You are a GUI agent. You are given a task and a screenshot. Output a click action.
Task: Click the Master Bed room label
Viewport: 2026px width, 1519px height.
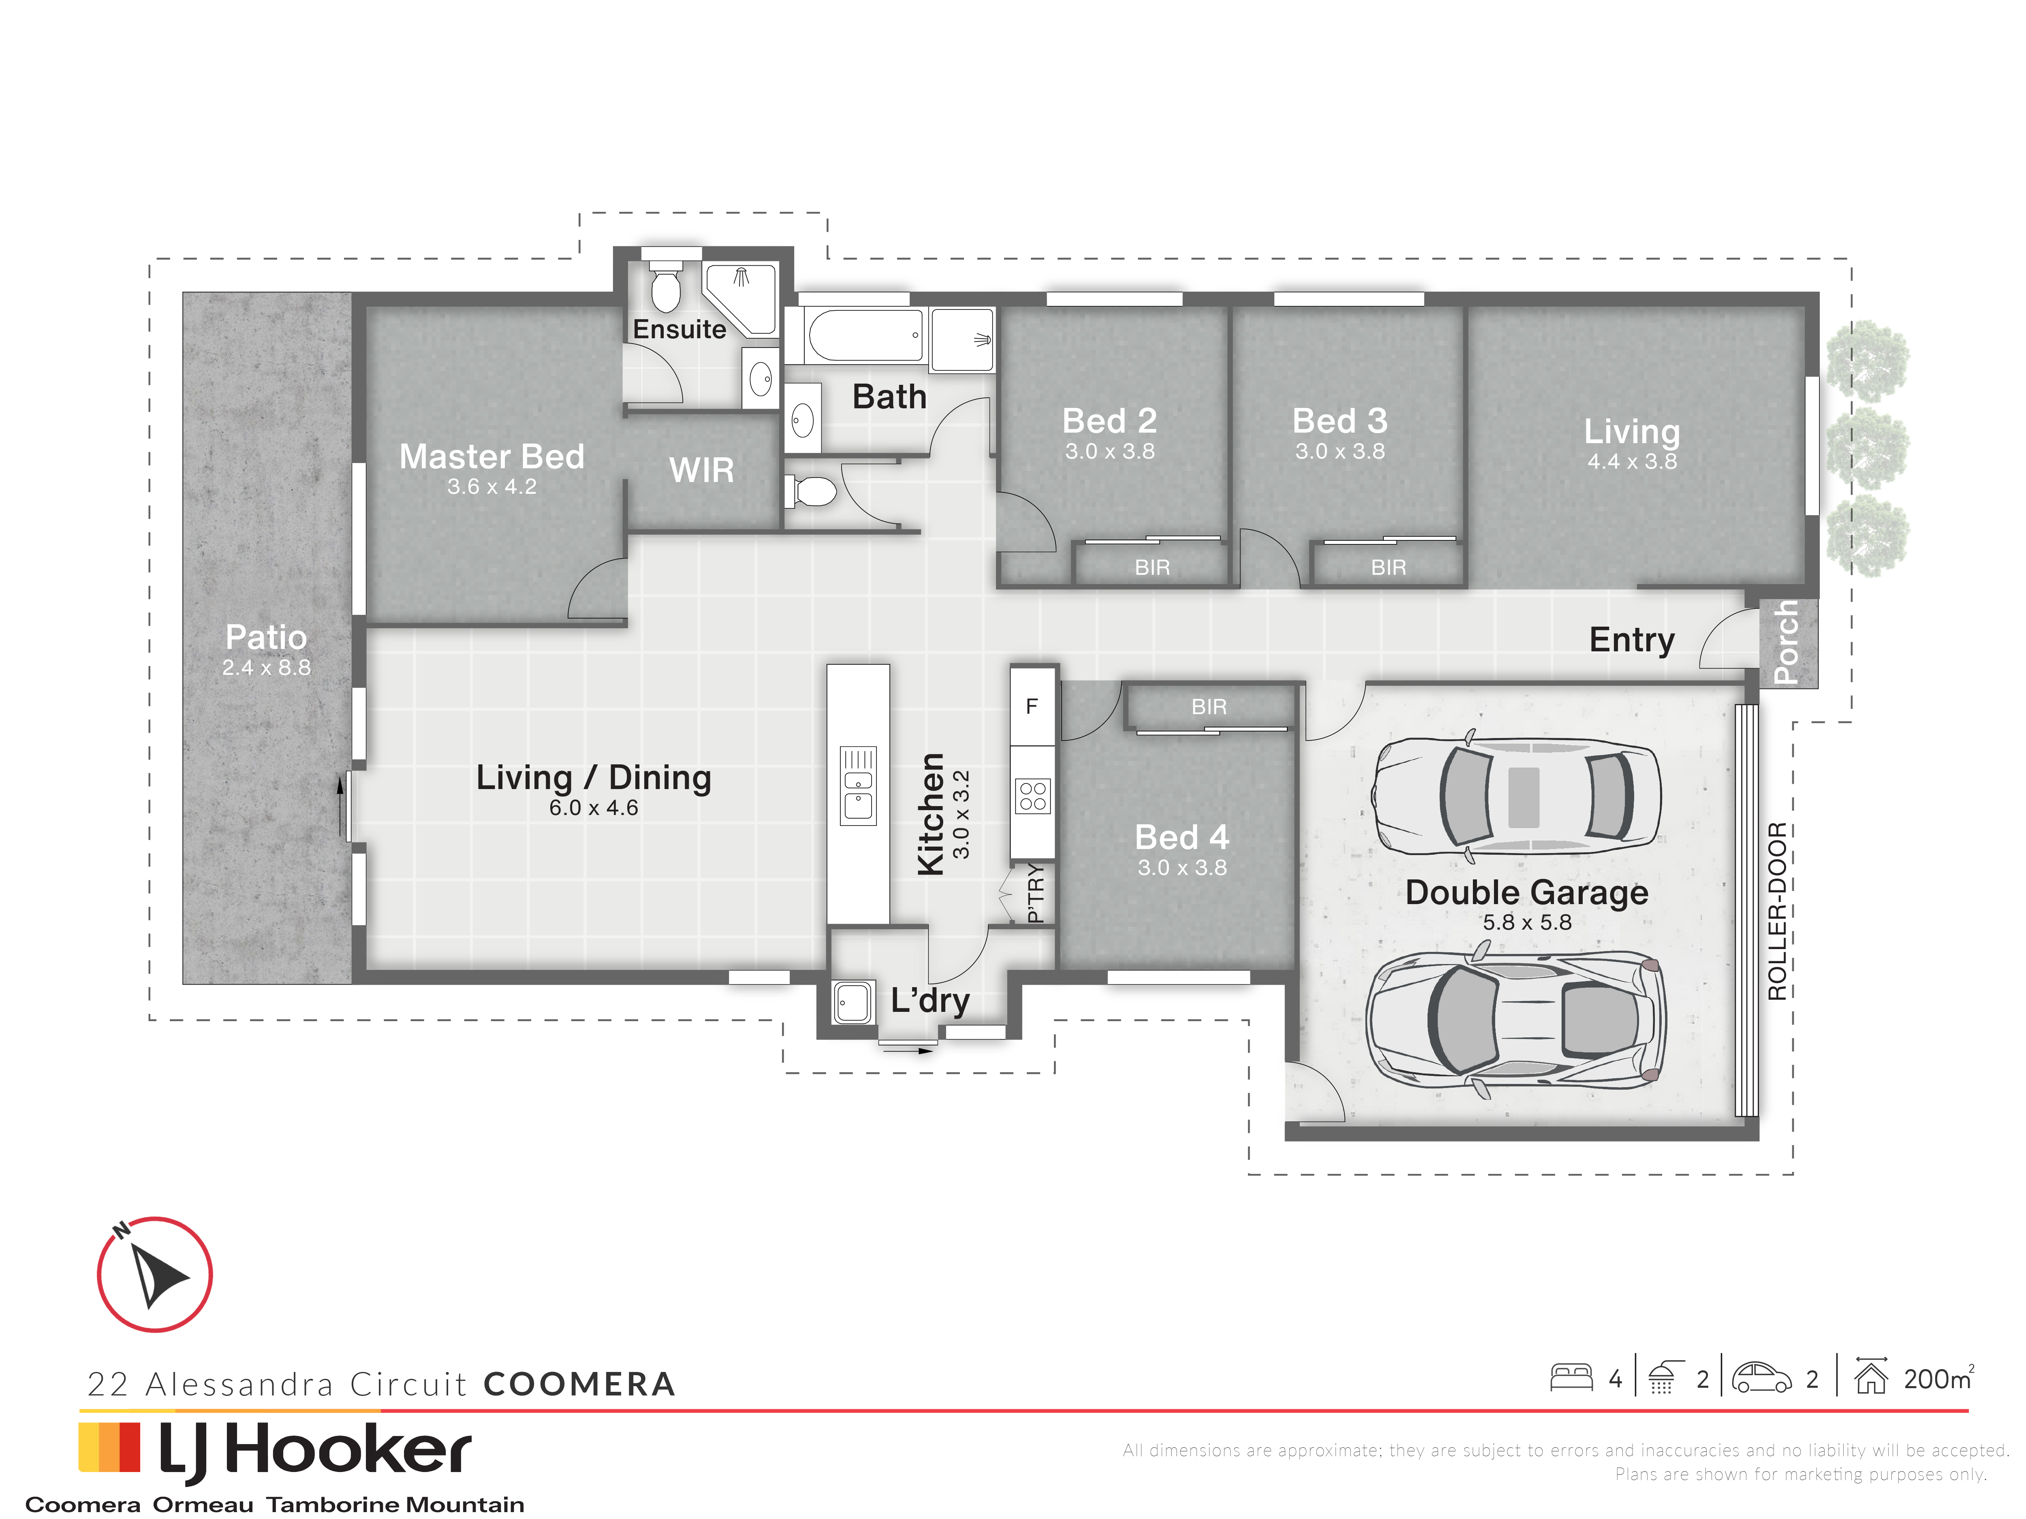pyautogui.click(x=492, y=456)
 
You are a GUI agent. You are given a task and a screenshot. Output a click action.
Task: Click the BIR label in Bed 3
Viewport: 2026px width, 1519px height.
pyautogui.click(x=1389, y=567)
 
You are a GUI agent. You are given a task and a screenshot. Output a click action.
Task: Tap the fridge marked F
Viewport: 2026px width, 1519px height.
pyautogui.click(x=1032, y=706)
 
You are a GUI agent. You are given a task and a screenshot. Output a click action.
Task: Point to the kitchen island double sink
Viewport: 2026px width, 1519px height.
pyautogui.click(x=858, y=785)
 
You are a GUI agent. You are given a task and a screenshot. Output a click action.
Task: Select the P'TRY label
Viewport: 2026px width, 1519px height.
pyautogui.click(x=1035, y=893)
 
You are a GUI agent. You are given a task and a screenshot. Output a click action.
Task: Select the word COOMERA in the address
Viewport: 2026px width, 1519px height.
pyautogui.click(x=579, y=1383)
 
